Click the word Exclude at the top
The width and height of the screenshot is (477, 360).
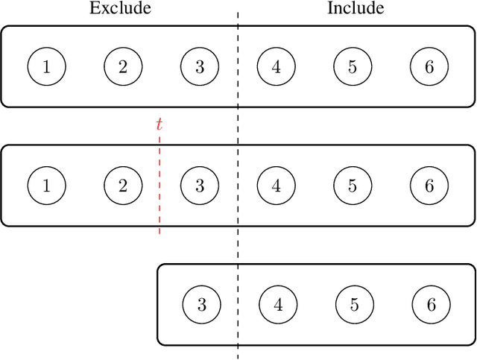click(x=120, y=9)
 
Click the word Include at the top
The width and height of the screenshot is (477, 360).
click(x=356, y=9)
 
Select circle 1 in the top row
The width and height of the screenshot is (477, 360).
click(x=47, y=66)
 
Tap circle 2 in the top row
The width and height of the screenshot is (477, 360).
click(x=123, y=66)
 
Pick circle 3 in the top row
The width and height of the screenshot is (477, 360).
click(x=200, y=66)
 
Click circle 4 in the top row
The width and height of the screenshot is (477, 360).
click(x=277, y=66)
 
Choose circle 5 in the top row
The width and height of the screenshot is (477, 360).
click(x=353, y=66)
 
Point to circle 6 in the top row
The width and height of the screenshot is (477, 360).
click(x=429, y=66)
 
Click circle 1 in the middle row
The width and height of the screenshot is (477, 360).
click(x=47, y=186)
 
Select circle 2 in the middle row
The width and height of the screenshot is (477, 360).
click(x=123, y=186)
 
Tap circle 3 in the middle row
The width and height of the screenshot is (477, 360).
click(x=200, y=186)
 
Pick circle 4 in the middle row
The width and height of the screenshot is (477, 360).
click(x=277, y=186)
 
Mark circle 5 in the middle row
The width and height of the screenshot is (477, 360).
click(x=353, y=186)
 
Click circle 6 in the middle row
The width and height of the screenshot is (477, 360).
click(x=429, y=186)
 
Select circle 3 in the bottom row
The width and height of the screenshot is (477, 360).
click(x=202, y=304)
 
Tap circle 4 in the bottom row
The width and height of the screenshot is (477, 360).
click(x=278, y=304)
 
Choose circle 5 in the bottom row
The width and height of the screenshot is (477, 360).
click(x=354, y=304)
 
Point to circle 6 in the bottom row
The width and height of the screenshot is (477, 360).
click(x=431, y=304)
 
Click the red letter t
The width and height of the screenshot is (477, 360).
click(x=159, y=124)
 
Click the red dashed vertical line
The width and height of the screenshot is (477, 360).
click(x=159, y=209)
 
